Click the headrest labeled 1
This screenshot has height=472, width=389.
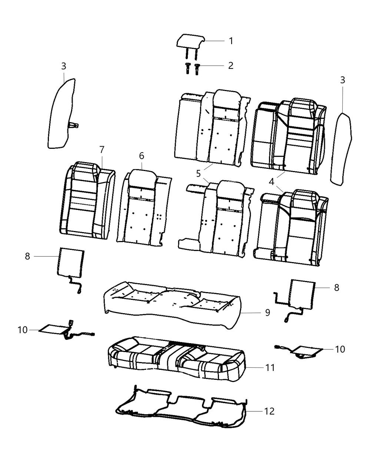click(190, 41)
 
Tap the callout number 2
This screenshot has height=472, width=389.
click(231, 66)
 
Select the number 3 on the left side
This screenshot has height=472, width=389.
click(64, 66)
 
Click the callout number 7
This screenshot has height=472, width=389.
click(102, 150)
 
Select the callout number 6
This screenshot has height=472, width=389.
click(142, 156)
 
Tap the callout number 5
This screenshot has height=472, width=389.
click(199, 173)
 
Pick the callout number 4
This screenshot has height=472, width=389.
click(272, 181)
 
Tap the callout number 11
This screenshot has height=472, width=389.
click(270, 368)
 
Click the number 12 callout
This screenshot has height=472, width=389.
click(269, 411)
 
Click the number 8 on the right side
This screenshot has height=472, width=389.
click(336, 287)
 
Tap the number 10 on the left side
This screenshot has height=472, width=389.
click(23, 329)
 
